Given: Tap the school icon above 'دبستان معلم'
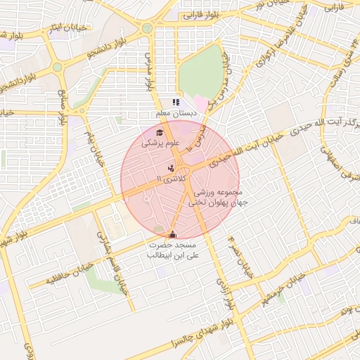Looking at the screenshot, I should point(176,103).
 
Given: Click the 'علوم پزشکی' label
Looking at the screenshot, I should point(161,143).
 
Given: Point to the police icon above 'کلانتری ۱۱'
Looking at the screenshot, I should point(171,168).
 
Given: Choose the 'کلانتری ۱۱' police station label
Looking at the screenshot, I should point(171,180).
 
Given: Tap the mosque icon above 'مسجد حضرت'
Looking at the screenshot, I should point(173,234).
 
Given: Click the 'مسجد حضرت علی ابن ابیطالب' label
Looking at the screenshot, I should point(169,250).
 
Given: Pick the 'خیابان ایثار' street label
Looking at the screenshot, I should point(63,27).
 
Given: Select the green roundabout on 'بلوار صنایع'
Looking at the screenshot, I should point(57,67).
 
